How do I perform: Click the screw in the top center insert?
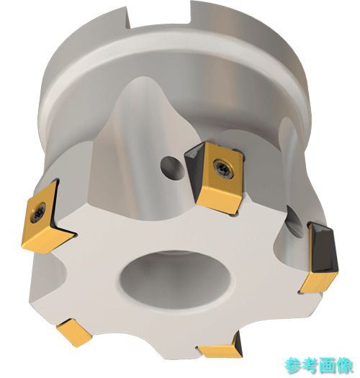point(223,168)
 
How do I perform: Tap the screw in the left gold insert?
point(38,212)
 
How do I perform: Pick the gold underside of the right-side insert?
point(318,282)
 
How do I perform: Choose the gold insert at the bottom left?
point(74,333)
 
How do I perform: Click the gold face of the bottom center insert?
point(218,352)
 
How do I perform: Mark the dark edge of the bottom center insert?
point(237,345)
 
